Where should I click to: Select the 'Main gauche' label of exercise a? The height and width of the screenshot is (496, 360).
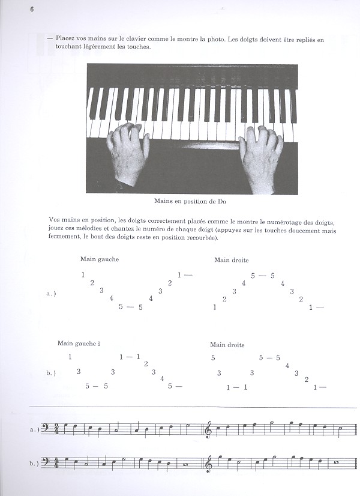point(100,259)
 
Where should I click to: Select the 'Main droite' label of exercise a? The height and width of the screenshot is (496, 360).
point(231,260)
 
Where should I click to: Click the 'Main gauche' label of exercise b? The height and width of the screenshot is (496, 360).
point(77,343)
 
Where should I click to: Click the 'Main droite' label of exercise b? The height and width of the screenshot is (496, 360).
point(227,345)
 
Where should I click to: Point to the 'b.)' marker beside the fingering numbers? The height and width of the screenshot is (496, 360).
point(51,373)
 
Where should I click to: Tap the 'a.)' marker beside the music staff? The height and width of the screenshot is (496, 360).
point(34,430)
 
